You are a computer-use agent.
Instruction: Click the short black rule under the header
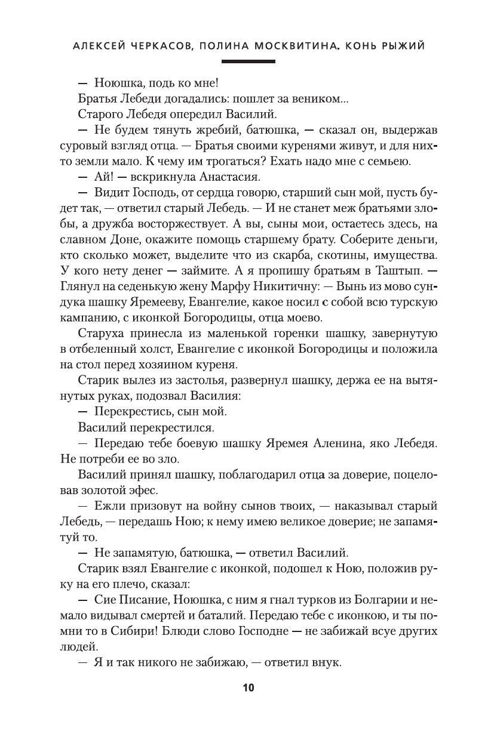[x=248, y=61]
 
